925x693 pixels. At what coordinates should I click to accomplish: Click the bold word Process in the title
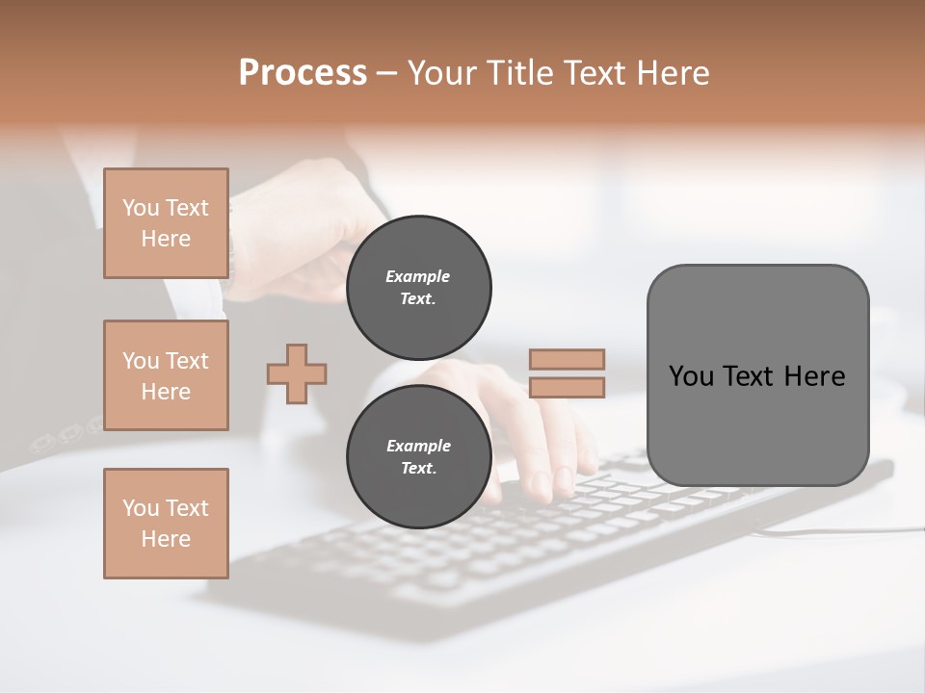[303, 72]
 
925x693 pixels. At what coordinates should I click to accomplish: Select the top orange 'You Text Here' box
[166, 223]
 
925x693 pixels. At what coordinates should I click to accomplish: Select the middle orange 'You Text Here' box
[166, 375]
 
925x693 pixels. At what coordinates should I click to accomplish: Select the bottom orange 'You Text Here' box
[166, 524]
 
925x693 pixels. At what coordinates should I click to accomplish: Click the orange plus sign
[297, 373]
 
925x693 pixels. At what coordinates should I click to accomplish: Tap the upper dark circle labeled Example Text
[418, 288]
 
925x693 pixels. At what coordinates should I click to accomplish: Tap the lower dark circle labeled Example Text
[418, 457]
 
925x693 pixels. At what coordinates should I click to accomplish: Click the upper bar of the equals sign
[567, 359]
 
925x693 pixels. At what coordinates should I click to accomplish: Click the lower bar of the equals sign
[567, 388]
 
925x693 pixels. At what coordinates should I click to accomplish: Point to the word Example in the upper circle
[418, 276]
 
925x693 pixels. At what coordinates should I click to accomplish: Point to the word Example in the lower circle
[418, 446]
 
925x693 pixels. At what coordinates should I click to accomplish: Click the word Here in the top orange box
[166, 239]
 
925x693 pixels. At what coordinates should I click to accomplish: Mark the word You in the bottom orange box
[139, 508]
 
